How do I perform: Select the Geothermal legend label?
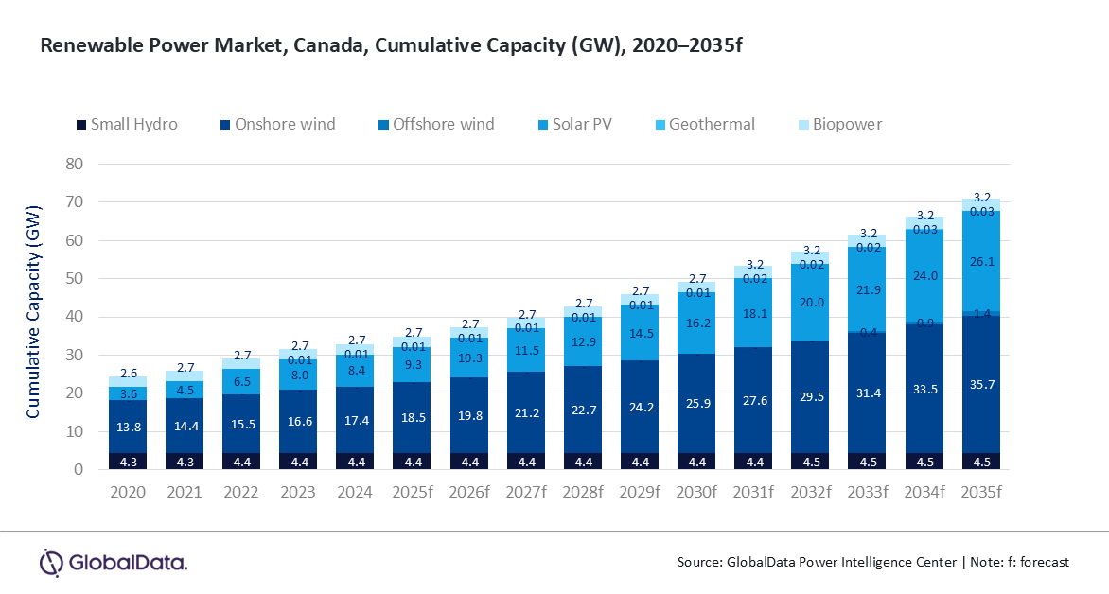712,124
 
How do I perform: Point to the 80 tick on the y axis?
77,164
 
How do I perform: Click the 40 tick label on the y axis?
77,317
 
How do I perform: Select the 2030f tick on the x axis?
695,492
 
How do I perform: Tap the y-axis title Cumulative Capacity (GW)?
33,311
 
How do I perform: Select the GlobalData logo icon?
50,561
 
